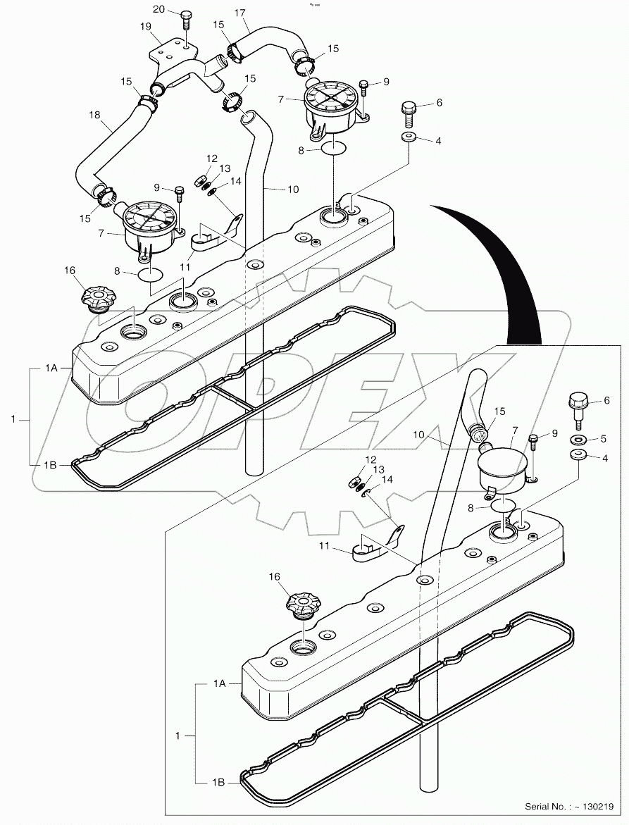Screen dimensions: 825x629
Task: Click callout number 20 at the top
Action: [x=158, y=9]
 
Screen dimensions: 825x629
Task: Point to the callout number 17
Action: [x=240, y=12]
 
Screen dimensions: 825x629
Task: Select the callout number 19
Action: [x=146, y=26]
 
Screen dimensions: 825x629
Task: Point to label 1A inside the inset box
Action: [x=219, y=683]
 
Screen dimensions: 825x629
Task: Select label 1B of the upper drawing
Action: [x=51, y=464]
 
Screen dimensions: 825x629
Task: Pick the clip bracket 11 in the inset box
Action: [x=373, y=546]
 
